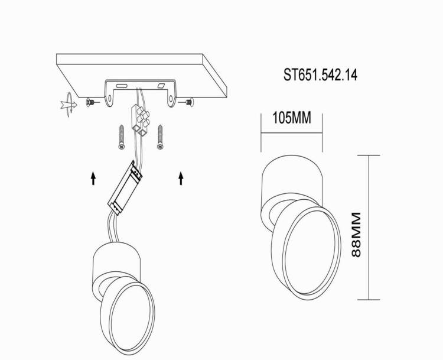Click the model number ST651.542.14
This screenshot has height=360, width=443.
pos(320,75)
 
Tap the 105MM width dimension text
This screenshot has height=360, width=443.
pos(292,118)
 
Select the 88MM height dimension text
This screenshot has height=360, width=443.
pos(356,235)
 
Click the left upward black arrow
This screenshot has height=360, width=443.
pos(93,178)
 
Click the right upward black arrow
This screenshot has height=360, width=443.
pos(181,178)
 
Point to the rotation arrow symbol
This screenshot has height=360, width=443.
pos(69,105)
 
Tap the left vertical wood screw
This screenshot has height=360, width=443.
pos(122,137)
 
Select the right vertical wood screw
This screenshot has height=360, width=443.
pos(160,137)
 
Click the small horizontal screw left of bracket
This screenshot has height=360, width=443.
pos(92,102)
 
